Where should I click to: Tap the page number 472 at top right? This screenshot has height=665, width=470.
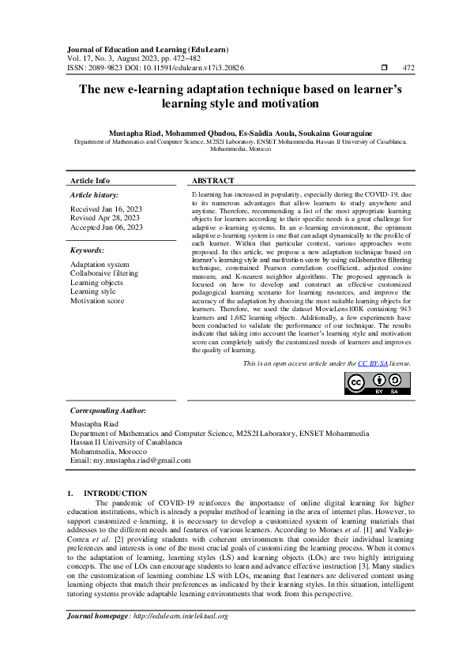409,69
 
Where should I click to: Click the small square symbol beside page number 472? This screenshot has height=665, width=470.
384,69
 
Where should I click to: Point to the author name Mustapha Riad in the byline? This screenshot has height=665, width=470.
138,133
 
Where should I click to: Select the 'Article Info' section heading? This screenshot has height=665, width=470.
90,180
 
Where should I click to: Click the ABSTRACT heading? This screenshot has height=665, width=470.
212,180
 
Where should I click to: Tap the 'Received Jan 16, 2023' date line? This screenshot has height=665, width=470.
107,209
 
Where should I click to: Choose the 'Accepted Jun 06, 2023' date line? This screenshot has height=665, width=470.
107,227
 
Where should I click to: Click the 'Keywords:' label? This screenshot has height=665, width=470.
87,250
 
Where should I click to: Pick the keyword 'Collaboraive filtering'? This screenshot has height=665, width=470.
103,272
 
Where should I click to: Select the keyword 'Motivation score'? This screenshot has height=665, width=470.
96,300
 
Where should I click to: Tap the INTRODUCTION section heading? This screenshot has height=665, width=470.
115,493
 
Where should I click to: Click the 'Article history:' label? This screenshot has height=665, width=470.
94,194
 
